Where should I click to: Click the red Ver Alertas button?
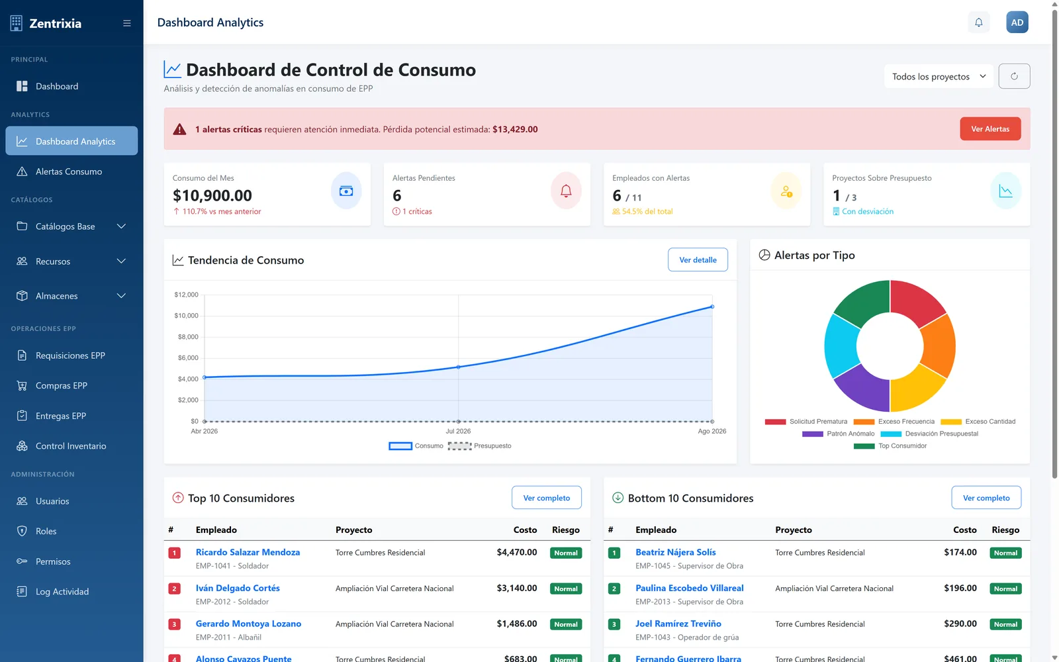tap(990, 128)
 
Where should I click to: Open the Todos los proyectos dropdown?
tap(939, 76)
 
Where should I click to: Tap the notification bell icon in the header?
tap(979, 23)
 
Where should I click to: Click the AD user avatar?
tap(1017, 23)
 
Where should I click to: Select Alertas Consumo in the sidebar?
tap(69, 171)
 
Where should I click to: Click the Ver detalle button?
tap(698, 260)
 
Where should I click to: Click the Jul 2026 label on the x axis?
tap(457, 431)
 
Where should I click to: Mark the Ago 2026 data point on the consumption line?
tap(712, 307)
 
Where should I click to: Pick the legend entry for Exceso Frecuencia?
tap(894, 421)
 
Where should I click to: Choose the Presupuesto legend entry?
tap(479, 446)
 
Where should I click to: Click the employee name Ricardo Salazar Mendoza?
tap(248, 552)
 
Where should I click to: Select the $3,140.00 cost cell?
tap(517, 588)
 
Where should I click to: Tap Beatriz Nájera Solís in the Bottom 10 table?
tap(675, 552)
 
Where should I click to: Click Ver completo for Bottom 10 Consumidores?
tap(986, 497)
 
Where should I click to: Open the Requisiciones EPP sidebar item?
tap(70, 355)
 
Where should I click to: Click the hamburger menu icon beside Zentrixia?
tap(126, 23)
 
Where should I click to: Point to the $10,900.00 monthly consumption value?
tap(212, 195)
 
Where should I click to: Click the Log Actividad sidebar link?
tap(62, 591)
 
